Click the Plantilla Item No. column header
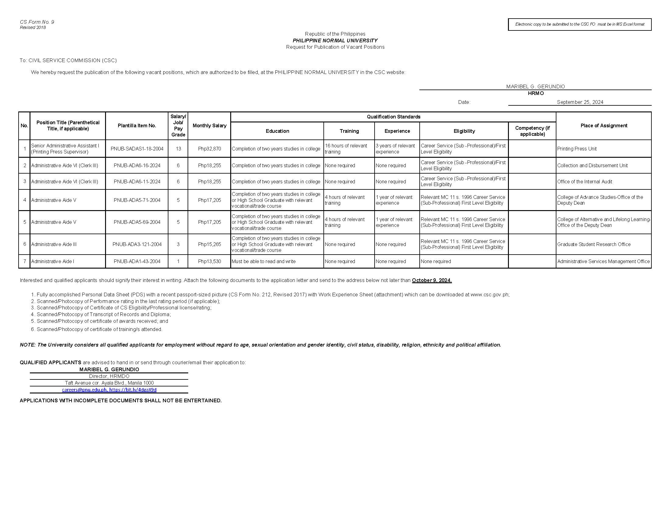point(137,125)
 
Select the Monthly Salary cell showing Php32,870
point(209,149)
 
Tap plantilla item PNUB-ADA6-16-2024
point(137,165)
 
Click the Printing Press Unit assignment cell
point(577,149)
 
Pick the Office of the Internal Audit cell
point(584,181)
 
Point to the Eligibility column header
point(464,131)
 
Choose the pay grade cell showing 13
point(178,149)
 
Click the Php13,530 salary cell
point(209,261)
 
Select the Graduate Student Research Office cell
point(594,244)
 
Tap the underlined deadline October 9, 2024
point(432,280)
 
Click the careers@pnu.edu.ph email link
point(84,390)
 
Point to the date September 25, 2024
point(580,102)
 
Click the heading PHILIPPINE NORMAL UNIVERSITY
point(335,41)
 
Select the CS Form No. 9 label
point(37,22)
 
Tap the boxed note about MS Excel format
point(580,24)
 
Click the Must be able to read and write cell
point(263,261)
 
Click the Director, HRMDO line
point(109,376)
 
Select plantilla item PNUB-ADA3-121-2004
point(137,244)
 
